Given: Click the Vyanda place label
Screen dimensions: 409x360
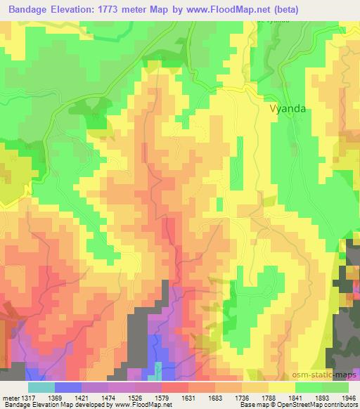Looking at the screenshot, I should (289, 109).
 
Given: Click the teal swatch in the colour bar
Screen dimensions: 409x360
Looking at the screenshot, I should (41, 387).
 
